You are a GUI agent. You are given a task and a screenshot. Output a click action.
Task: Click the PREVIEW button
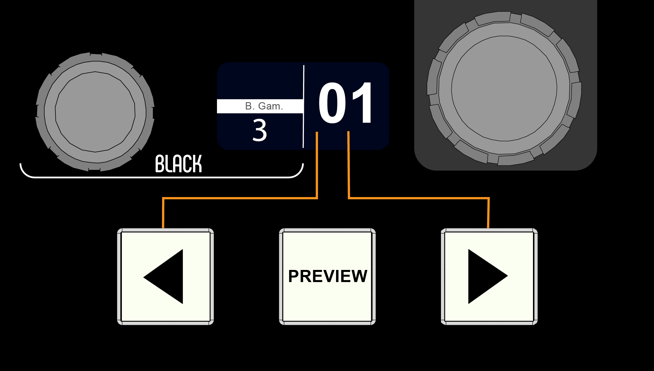327,276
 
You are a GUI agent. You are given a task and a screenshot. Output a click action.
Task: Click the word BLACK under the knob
179,164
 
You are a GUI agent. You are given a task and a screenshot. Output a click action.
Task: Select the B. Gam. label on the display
264,106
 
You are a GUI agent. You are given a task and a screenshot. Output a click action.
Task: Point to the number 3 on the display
259,130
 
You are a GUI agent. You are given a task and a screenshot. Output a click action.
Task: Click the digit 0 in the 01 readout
332,102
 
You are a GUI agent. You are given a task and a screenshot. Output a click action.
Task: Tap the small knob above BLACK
95,112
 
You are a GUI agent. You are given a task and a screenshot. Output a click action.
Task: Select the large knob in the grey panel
504,88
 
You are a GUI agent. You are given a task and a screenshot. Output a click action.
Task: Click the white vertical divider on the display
303,106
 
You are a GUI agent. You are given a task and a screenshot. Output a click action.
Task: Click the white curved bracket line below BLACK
162,177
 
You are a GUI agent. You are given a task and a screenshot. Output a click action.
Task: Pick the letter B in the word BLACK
160,164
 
